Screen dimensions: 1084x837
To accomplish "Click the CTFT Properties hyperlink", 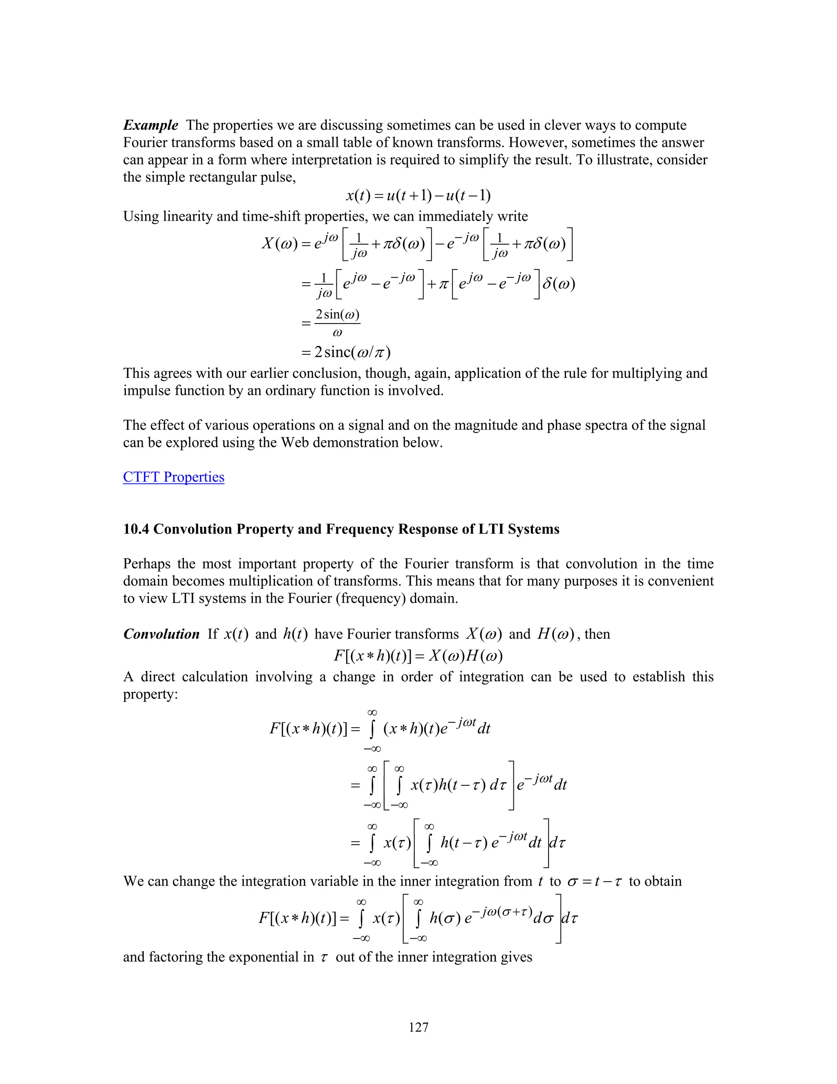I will pyautogui.click(x=174, y=477).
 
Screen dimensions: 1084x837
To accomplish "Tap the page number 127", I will pyautogui.click(x=418, y=1027).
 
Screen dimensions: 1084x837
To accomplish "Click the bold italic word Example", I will pyautogui.click(x=150, y=125).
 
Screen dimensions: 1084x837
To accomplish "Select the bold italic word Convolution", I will pyautogui.click(x=161, y=634).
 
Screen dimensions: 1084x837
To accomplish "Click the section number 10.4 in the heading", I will pyautogui.click(x=137, y=529).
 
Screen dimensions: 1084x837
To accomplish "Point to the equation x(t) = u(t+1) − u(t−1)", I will pyautogui.click(x=418, y=196).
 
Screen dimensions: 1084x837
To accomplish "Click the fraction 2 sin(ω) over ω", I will pyautogui.click(x=337, y=323).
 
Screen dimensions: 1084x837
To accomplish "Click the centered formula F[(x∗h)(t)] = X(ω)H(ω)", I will pyautogui.click(x=418, y=656).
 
